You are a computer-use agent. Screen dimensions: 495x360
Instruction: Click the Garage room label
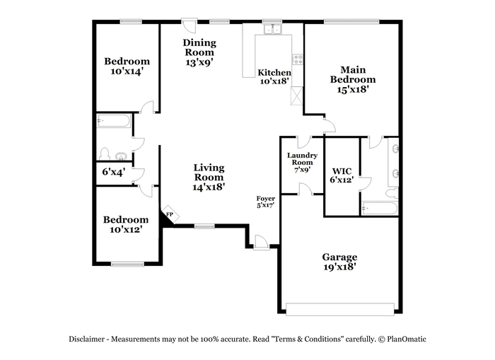click(339, 257)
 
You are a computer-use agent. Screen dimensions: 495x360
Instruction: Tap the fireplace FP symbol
click(170, 215)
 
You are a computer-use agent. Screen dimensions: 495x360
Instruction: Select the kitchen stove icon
click(298, 59)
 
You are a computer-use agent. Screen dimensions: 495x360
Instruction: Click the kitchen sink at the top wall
click(272, 30)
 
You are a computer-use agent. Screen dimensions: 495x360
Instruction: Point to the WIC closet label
click(342, 171)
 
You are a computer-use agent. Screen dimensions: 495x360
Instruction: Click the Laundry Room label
click(302, 159)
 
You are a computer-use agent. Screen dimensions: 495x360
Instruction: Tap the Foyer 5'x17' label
click(265, 202)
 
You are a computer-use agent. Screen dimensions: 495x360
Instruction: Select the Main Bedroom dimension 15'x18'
click(353, 89)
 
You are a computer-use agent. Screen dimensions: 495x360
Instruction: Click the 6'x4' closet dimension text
click(114, 172)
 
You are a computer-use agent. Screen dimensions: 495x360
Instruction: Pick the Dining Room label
click(199, 47)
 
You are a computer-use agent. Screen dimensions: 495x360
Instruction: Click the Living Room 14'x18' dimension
click(209, 187)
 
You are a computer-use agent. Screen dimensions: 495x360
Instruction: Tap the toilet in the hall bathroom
click(104, 153)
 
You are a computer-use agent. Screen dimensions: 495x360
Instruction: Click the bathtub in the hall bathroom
click(113, 121)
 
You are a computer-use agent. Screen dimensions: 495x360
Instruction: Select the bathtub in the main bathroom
click(380, 209)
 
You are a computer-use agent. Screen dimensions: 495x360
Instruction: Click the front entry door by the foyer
click(262, 243)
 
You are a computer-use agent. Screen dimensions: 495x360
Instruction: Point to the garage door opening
click(340, 309)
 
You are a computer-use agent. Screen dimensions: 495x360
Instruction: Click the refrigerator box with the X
click(296, 96)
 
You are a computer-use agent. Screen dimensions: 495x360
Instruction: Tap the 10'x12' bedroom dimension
click(125, 230)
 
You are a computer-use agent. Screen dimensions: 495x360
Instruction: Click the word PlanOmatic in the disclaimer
click(407, 339)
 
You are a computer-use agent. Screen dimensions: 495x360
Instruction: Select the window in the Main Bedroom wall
click(351, 21)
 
